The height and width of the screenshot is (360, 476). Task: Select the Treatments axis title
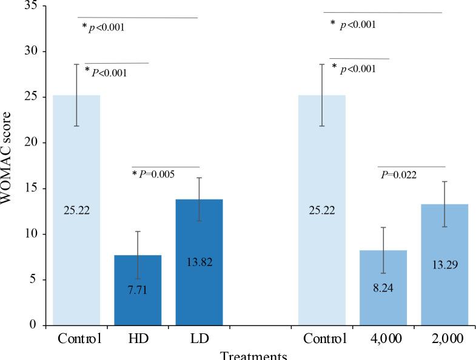[x=253, y=356]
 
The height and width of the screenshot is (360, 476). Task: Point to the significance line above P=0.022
[x=411, y=167]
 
